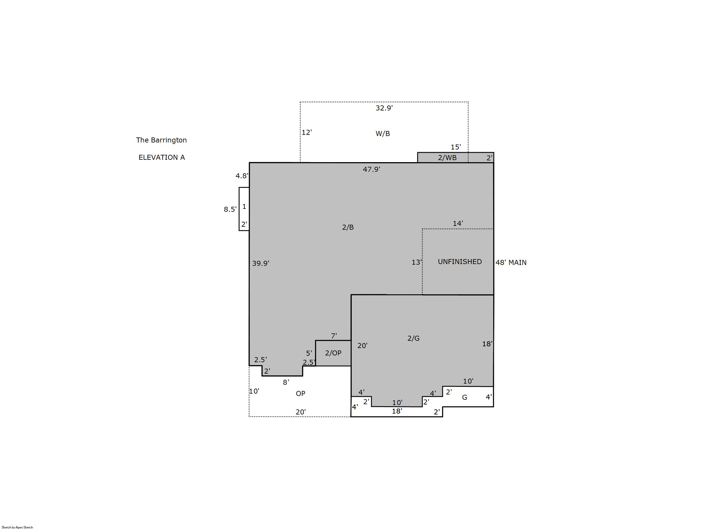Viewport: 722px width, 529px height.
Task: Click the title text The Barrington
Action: pyautogui.click(x=161, y=140)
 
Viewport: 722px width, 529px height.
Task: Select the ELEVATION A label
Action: pyautogui.click(x=161, y=157)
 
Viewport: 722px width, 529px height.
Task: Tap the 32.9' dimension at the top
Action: pyautogui.click(x=384, y=108)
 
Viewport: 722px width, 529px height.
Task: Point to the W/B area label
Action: pyautogui.click(x=383, y=134)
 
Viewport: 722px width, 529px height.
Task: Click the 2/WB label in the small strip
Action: pyautogui.click(x=447, y=157)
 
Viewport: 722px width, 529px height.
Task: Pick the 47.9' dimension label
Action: pyautogui.click(x=371, y=169)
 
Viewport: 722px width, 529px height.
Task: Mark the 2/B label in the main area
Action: pyautogui.click(x=348, y=227)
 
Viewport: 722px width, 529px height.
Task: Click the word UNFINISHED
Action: pyautogui.click(x=460, y=262)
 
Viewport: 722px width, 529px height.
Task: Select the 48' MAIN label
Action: pyautogui.click(x=511, y=263)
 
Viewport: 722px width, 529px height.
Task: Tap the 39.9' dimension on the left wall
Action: pyautogui.click(x=260, y=263)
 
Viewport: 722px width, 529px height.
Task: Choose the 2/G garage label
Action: pyautogui.click(x=413, y=338)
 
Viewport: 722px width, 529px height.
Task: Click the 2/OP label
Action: pyautogui.click(x=333, y=353)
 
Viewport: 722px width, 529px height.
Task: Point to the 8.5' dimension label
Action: pyautogui.click(x=230, y=209)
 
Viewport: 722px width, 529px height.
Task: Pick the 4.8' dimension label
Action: pyautogui.click(x=242, y=176)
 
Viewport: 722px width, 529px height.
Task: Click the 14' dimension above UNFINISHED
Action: pyautogui.click(x=458, y=224)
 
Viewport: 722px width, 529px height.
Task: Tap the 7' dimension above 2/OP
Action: pyautogui.click(x=334, y=336)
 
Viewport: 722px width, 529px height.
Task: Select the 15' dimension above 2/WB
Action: pyautogui.click(x=456, y=147)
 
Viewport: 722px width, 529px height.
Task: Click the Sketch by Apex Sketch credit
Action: pyautogui.click(x=17, y=527)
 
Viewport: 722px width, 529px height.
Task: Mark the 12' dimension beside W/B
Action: pyautogui.click(x=306, y=132)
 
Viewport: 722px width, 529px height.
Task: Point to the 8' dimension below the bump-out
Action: pyautogui.click(x=286, y=382)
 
